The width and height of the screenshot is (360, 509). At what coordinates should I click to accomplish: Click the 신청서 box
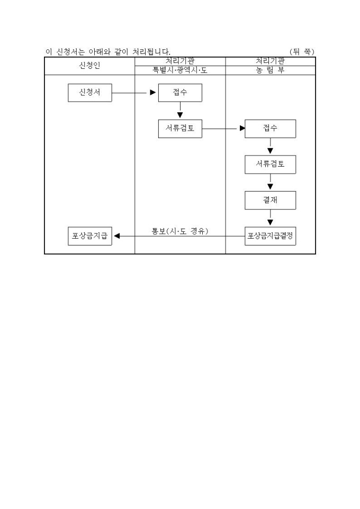tap(89, 93)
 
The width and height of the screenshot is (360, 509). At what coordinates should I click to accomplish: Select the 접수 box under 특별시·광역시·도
tap(179, 93)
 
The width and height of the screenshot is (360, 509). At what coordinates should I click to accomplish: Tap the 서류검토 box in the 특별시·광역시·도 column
tap(179, 129)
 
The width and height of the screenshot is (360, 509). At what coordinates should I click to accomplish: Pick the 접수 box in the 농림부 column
tap(270, 129)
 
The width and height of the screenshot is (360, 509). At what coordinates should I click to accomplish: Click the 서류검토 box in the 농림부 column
tap(270, 165)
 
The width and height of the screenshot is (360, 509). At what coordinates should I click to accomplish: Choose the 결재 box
tap(270, 200)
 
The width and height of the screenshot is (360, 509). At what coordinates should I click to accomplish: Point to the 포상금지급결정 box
tap(270, 236)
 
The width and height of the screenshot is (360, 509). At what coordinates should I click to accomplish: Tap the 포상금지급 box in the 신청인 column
tap(89, 236)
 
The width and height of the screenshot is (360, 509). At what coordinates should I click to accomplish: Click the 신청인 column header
tap(89, 66)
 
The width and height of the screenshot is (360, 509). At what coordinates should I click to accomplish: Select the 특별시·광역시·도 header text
tap(180, 70)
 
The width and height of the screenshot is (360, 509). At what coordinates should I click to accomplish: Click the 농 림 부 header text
tap(270, 70)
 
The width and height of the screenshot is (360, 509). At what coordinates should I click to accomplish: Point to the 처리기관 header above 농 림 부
tap(270, 61)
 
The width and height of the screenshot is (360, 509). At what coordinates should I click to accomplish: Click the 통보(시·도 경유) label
tap(180, 231)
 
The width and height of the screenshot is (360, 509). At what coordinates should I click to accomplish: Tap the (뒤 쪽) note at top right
tap(302, 52)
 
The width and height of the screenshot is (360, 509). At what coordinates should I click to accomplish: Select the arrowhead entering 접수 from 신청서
tap(153, 93)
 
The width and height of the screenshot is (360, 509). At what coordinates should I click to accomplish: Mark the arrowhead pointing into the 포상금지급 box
tap(117, 236)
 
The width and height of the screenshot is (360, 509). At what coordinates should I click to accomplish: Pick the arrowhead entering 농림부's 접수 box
tap(242, 128)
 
